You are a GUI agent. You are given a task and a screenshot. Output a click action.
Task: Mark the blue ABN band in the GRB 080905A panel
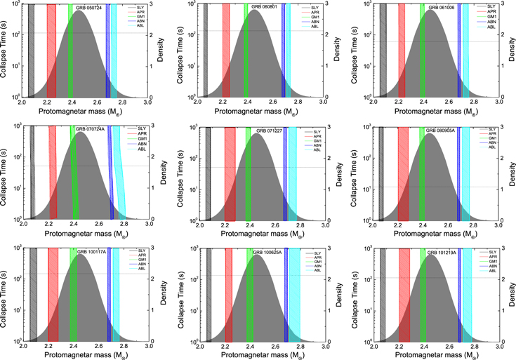pyautogui.click(x=458, y=175)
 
